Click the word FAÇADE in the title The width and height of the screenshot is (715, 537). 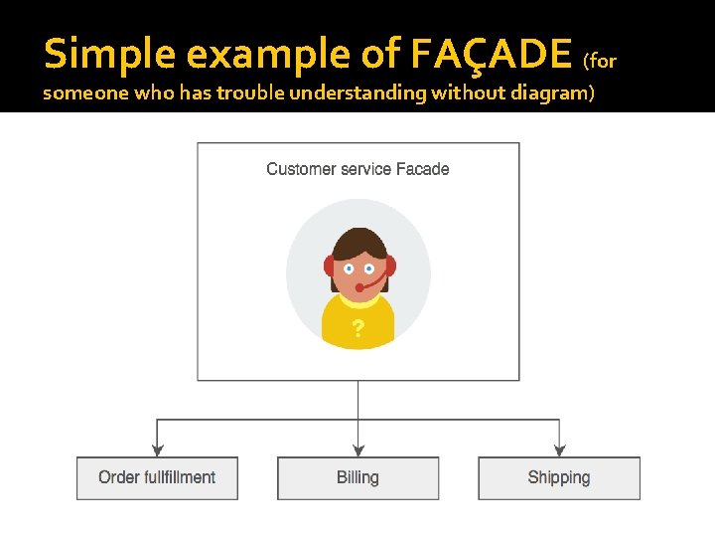click(493, 53)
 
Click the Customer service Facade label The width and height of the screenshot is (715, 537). click(357, 169)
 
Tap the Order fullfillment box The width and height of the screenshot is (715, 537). click(157, 477)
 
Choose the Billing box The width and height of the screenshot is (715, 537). click(357, 477)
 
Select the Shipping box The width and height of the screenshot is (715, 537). click(559, 477)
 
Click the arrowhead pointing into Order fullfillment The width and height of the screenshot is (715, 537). click(157, 449)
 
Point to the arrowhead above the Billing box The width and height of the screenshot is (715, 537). click(357, 449)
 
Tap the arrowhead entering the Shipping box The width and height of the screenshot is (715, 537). click(559, 449)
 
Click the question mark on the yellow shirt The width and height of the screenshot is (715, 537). click(357, 328)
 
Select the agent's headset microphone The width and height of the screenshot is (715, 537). click(360, 287)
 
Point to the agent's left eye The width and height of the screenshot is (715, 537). click(348, 268)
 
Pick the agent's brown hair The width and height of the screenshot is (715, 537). click(358, 242)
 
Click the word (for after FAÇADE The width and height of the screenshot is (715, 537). click(600, 62)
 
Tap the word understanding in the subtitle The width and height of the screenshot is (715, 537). click(354, 93)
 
